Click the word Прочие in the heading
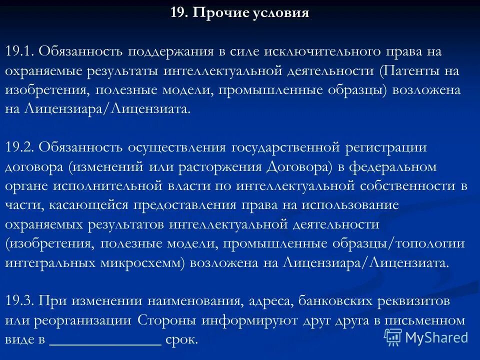(x=216, y=13)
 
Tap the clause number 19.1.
(x=19, y=51)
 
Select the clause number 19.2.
(x=19, y=147)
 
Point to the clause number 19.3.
(x=19, y=301)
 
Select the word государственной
(x=286, y=147)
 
